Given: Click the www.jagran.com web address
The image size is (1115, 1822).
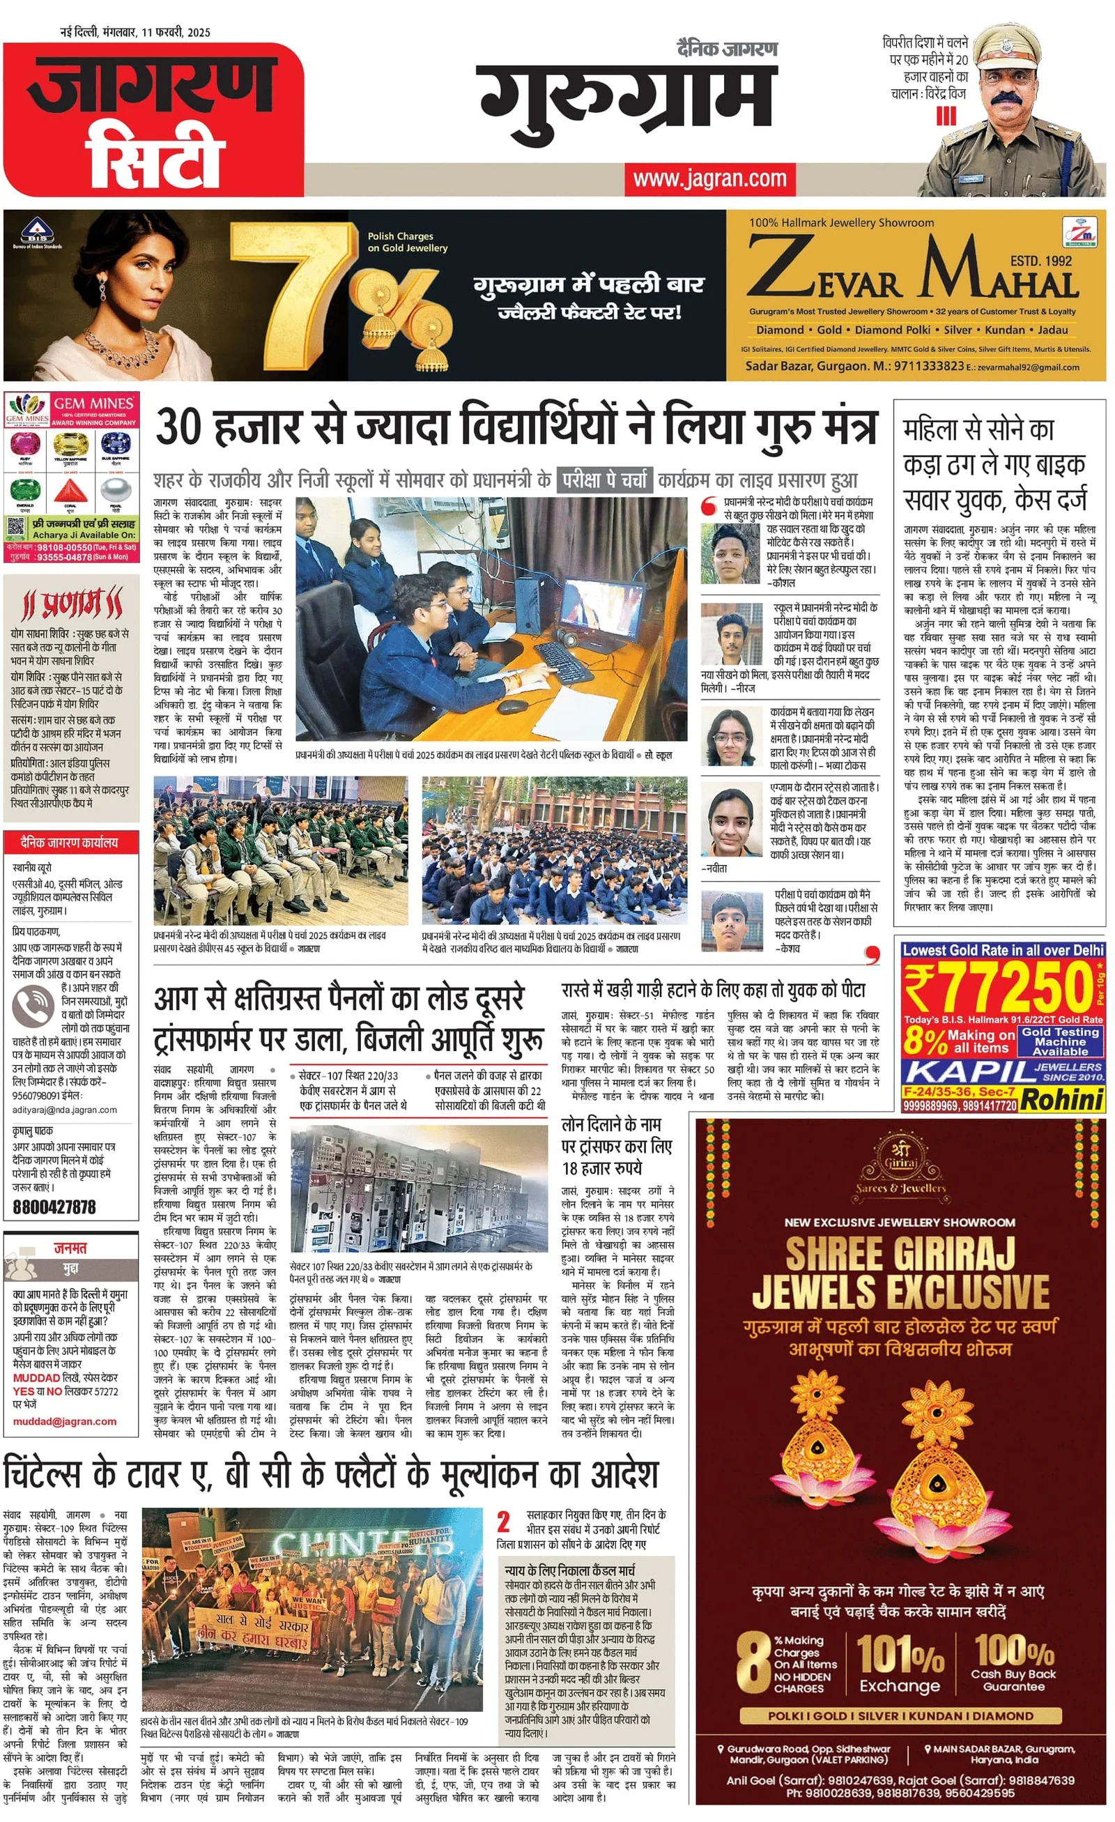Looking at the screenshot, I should click(x=711, y=179).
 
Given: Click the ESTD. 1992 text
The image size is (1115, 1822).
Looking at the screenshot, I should click(x=1040, y=260).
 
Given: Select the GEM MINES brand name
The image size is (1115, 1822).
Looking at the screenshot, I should click(x=93, y=404).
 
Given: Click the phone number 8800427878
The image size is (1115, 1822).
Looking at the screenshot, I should click(x=55, y=1207).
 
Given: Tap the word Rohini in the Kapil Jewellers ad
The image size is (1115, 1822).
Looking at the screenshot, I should click(x=1063, y=1100).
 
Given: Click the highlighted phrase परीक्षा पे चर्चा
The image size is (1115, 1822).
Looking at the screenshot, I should click(x=604, y=480).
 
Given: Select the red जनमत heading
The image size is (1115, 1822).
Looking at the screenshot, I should click(x=70, y=1248).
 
